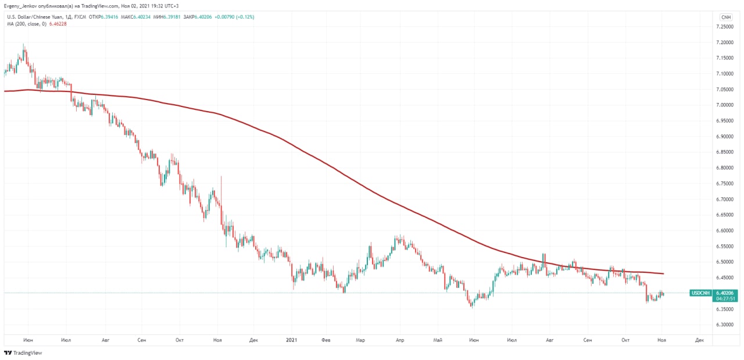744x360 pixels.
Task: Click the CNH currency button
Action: (726, 17)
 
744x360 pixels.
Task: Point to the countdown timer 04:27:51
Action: (727, 298)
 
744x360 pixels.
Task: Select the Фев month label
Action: (325, 339)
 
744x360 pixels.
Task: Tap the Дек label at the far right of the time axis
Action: (699, 339)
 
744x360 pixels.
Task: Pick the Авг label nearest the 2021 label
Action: (105, 339)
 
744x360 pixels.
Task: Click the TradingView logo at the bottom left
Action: (23, 352)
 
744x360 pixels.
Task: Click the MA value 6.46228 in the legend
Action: (59, 24)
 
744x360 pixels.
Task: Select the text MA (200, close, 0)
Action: (27, 24)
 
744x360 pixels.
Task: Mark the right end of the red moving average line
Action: (663, 273)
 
